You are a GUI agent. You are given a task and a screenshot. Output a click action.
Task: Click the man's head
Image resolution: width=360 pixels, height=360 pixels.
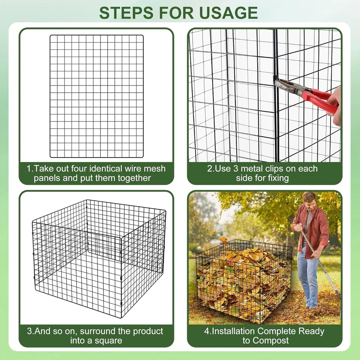click(x=309, y=199)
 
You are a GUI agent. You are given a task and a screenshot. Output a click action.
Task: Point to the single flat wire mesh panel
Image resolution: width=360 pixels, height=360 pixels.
click(x=97, y=96)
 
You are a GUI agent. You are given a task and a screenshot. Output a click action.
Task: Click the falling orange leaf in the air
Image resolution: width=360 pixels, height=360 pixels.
click(x=224, y=240)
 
